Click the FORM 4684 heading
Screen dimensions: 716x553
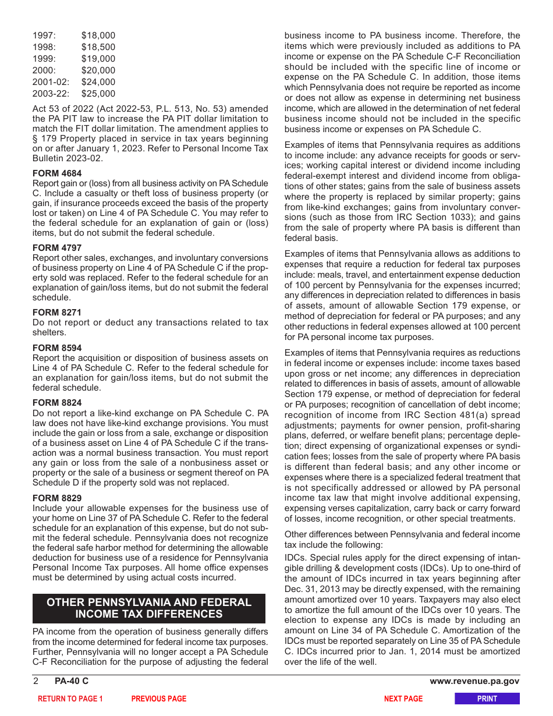coord(57,173)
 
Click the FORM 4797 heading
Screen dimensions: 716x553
coord(57,248)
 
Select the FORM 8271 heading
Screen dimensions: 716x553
coord(57,313)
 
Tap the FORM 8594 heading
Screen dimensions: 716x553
coord(57,348)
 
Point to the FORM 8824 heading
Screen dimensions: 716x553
coord(57,403)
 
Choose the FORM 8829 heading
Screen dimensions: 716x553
coord(57,498)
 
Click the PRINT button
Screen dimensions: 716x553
coord(487,699)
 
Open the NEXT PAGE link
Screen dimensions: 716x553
coord(403,699)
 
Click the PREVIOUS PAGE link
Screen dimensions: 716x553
coord(159,699)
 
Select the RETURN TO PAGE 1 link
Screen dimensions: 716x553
coord(70,699)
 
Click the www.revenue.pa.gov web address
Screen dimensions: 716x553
coord(474,682)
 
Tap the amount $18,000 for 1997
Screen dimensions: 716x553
coord(98,36)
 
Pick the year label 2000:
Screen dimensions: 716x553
coord(45,70)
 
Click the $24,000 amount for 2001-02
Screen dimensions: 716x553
coord(98,82)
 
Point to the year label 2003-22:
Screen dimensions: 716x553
coord(51,94)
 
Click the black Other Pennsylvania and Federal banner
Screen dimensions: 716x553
coord(149,608)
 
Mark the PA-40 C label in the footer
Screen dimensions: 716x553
coord(72,682)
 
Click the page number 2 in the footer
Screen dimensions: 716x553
coord(36,682)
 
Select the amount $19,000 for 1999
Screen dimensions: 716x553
coord(98,59)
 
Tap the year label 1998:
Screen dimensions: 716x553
coord(45,47)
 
